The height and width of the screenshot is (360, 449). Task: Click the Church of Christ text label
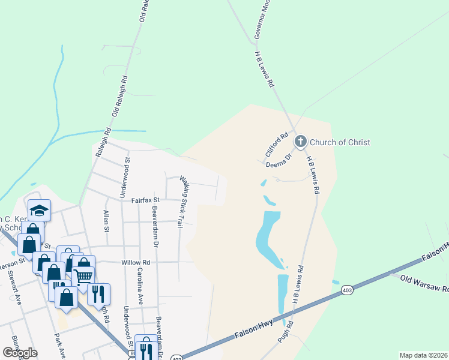click(340, 142)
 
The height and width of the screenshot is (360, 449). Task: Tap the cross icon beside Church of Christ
click(300, 142)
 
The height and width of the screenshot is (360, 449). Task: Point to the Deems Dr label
click(279, 158)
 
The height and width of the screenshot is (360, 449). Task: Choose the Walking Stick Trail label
click(182, 202)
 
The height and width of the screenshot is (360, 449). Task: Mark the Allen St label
click(106, 220)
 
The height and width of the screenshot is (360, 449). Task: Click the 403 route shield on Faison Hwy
click(347, 290)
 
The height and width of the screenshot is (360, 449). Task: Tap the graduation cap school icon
click(39, 210)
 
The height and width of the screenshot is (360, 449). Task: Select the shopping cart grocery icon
click(83, 277)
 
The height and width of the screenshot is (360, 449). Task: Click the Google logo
click(20, 353)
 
